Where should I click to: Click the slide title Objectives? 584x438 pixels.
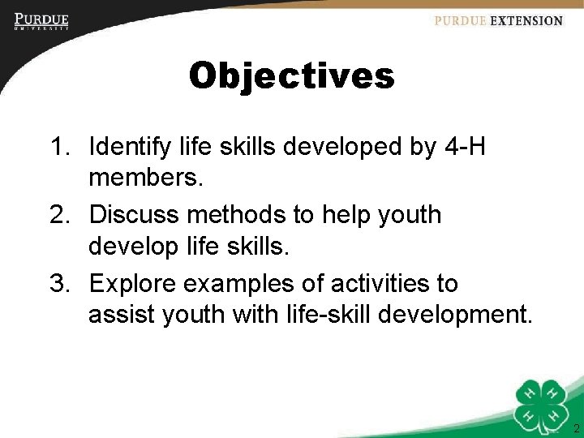291,77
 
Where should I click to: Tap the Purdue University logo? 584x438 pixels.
41,21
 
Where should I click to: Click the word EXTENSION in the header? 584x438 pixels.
526,21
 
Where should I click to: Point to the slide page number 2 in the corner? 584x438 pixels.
575,428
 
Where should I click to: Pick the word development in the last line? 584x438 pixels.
440,313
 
